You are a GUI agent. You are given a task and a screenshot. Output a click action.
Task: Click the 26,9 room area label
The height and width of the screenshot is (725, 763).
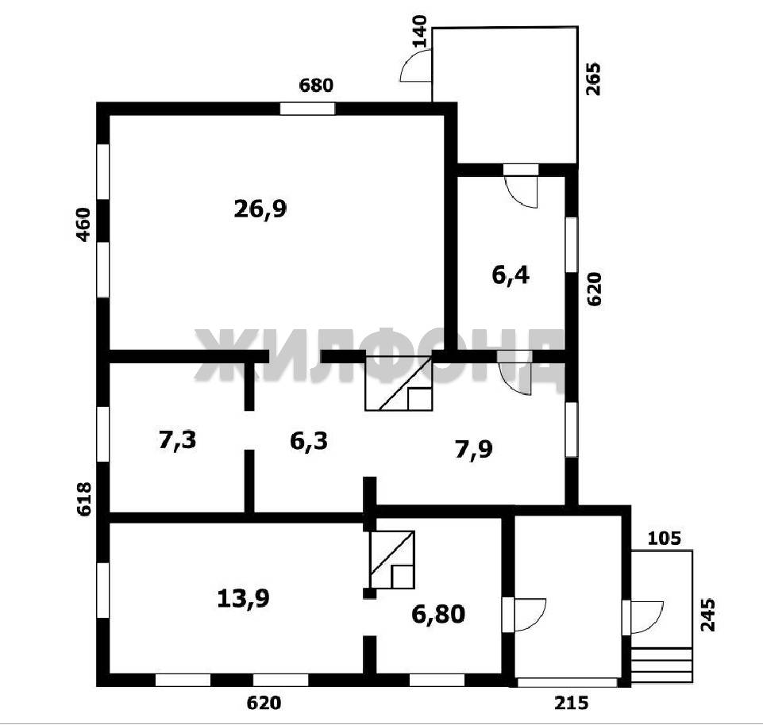(260, 209)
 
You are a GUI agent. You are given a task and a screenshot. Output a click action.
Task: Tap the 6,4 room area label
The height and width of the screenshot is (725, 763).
(511, 276)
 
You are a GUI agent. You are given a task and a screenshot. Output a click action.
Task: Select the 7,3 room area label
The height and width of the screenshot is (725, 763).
(178, 440)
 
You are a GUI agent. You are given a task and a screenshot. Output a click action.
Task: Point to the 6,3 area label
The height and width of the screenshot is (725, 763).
(309, 441)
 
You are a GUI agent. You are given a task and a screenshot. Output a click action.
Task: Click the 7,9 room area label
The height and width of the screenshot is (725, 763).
(473, 449)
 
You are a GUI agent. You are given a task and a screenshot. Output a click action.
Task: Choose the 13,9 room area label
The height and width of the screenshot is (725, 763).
(243, 598)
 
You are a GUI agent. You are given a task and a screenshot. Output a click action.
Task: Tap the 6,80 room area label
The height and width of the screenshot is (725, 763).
(438, 614)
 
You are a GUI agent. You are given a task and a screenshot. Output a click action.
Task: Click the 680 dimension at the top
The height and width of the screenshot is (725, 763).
(316, 86)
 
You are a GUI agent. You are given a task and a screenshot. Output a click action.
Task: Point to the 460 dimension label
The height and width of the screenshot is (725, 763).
(84, 224)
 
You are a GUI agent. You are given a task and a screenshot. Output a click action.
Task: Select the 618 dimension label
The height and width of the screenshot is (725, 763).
(84, 499)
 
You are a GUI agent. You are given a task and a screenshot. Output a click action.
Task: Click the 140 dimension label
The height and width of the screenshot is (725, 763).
(419, 32)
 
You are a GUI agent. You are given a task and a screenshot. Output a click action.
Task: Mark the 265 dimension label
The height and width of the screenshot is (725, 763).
(594, 79)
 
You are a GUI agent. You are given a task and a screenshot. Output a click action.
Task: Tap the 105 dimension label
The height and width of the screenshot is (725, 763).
(665, 539)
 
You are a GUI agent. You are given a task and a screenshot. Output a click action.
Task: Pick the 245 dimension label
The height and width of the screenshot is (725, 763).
(708, 615)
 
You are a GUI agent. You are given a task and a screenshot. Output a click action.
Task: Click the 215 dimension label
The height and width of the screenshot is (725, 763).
(572, 703)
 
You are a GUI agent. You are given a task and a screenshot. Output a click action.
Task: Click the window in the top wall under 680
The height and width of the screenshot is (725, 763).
(307, 109)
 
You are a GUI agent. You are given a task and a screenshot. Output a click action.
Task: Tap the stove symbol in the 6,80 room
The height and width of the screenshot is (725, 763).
(392, 560)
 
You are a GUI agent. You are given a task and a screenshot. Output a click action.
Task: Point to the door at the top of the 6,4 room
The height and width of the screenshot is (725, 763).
(521, 186)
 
